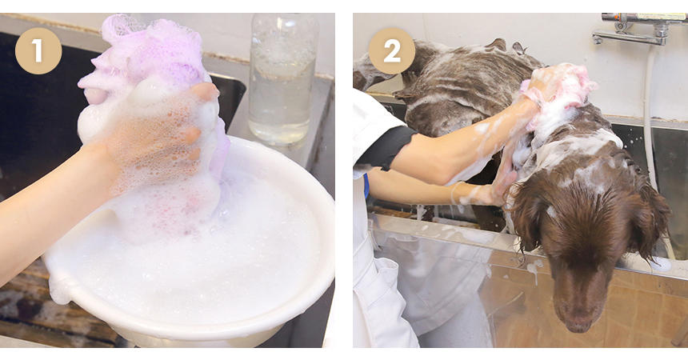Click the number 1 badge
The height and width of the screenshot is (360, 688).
pyautogui.click(x=38, y=51)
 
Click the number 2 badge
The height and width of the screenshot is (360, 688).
pyautogui.click(x=391, y=51)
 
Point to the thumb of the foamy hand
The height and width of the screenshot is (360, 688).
pyautogui.click(x=205, y=92)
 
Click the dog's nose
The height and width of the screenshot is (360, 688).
pyautogui.click(x=578, y=323)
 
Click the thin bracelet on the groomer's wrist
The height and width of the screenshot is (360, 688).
pyautogui.click(x=454, y=193)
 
